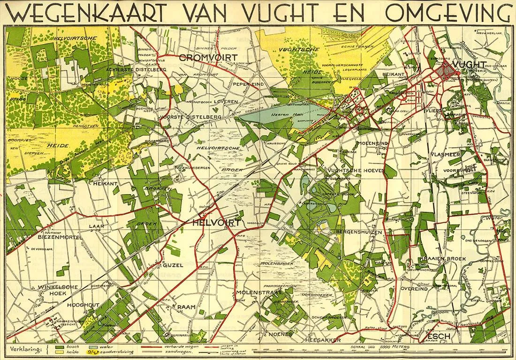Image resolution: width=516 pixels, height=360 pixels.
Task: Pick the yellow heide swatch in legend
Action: tap(60, 352)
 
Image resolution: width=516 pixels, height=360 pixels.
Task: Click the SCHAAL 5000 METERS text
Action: tap(373, 346)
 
